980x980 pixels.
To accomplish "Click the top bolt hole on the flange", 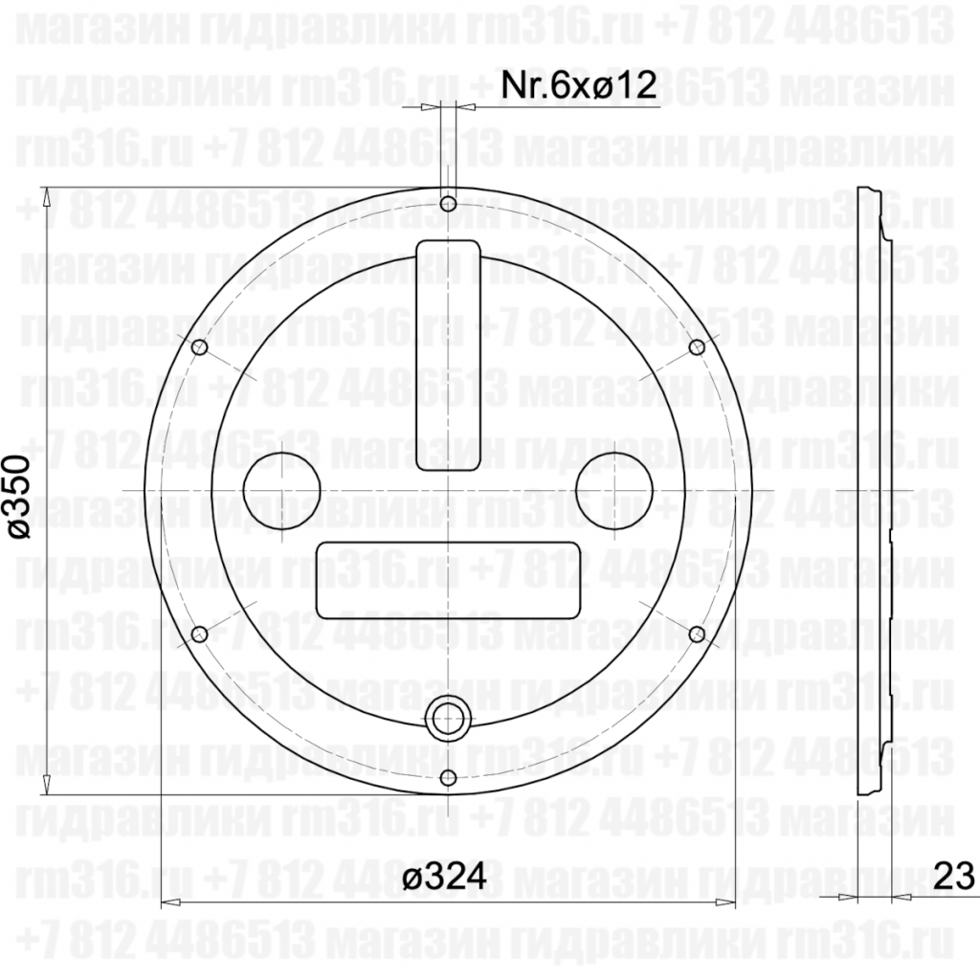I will click(x=448, y=204).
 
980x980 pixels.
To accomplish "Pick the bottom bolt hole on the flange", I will click(x=448, y=776).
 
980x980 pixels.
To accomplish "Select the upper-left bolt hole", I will click(x=200, y=347).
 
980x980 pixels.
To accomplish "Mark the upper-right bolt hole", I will click(x=696, y=347).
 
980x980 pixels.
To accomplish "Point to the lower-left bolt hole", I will click(x=200, y=634).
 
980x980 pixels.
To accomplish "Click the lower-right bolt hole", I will click(x=696, y=634).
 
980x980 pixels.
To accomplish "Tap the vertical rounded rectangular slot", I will click(x=448, y=356).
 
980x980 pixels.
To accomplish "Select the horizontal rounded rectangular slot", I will click(x=448, y=580).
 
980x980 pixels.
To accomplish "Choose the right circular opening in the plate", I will click(x=614, y=490).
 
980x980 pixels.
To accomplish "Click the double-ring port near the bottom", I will click(x=448, y=717).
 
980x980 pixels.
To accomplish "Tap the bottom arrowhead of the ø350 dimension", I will click(x=46, y=788).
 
